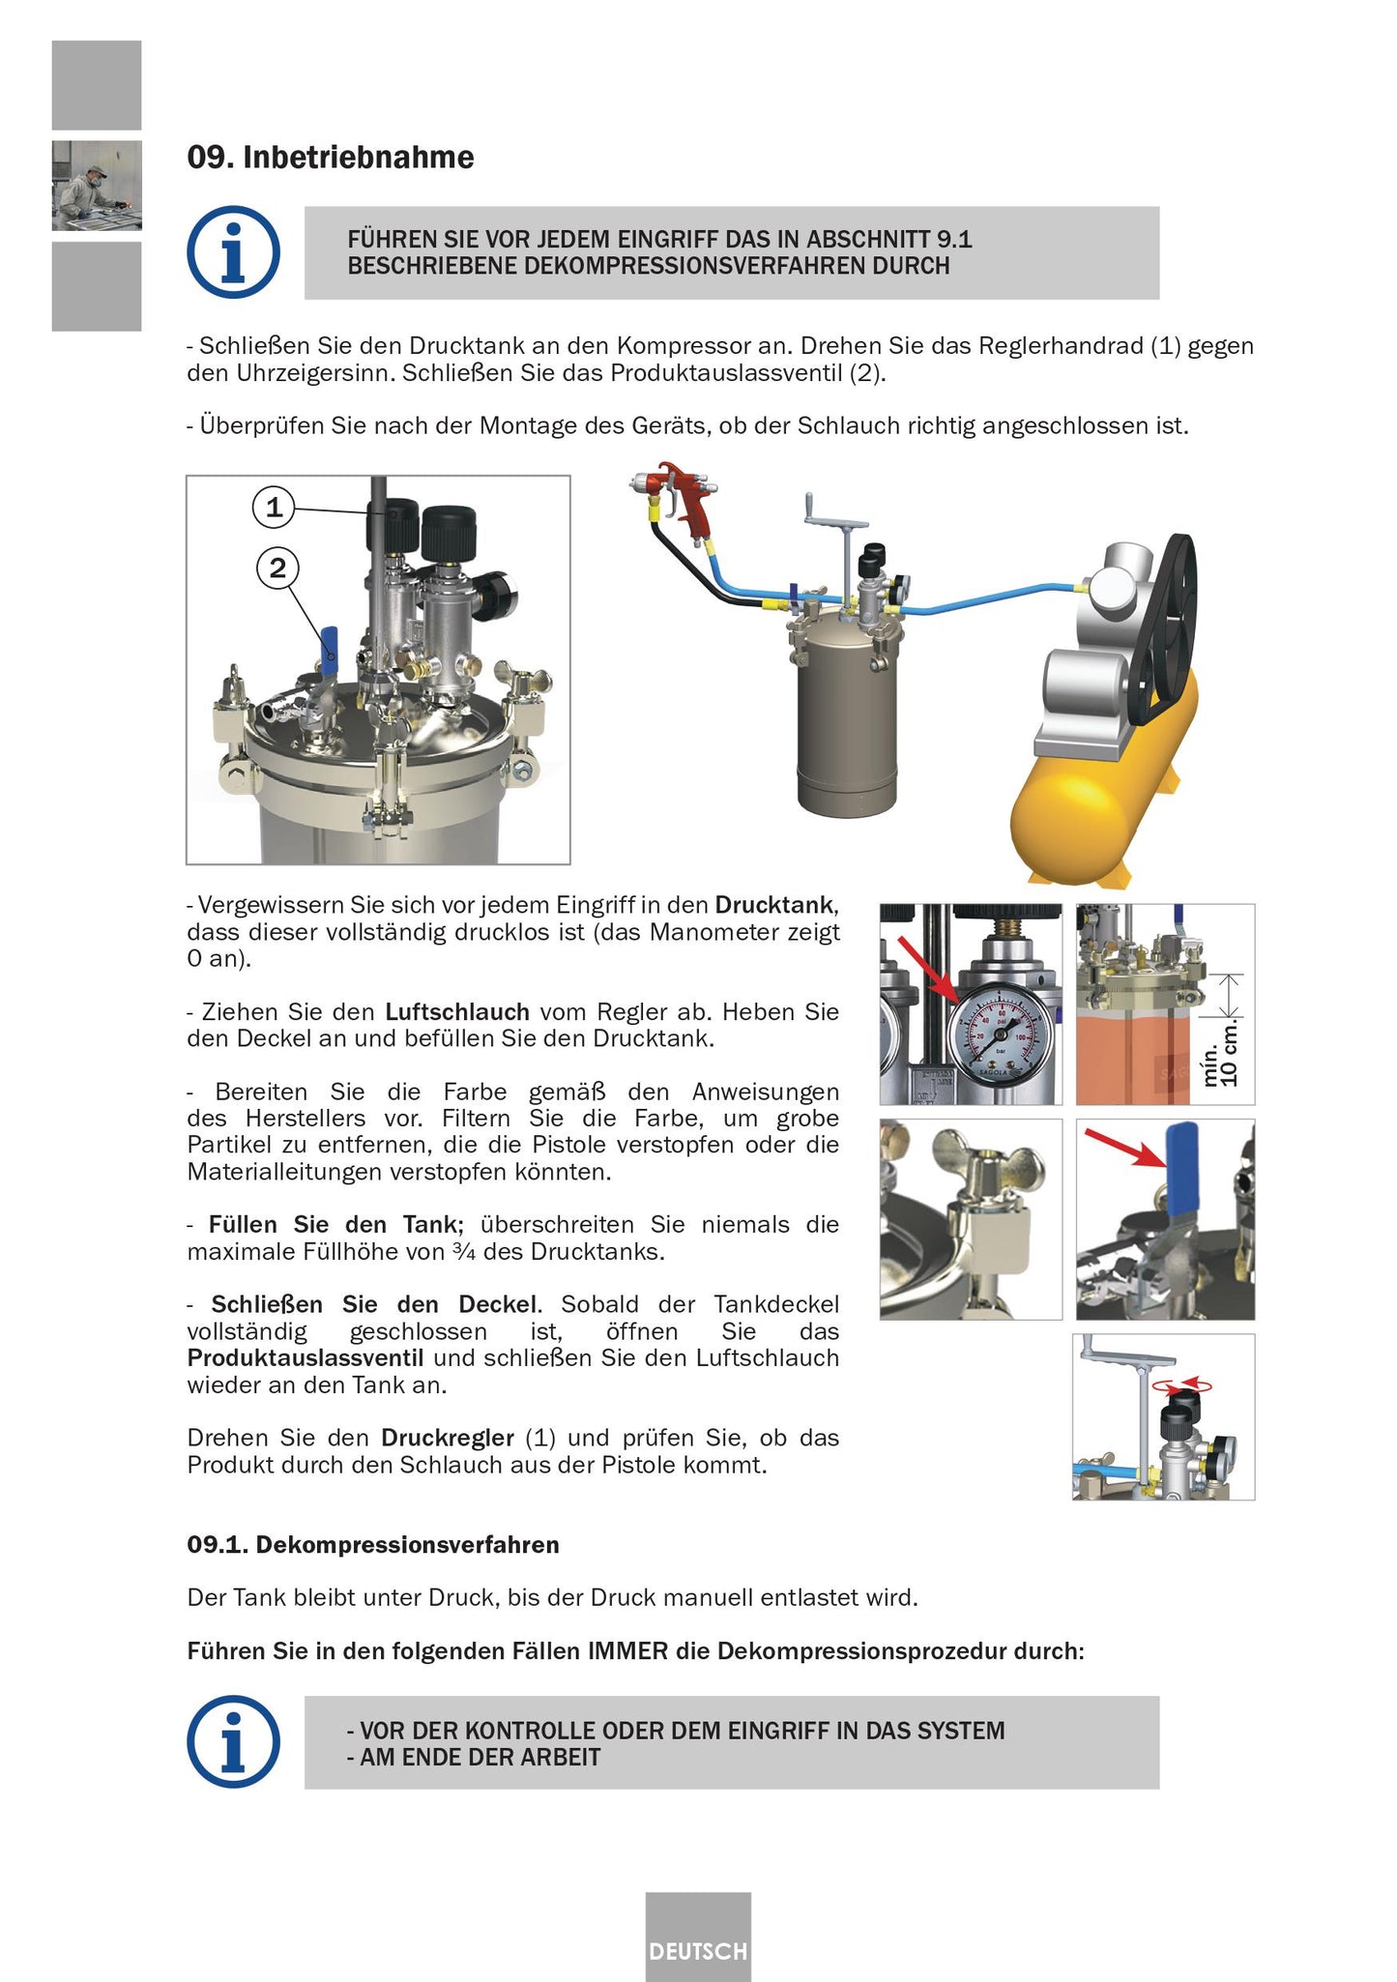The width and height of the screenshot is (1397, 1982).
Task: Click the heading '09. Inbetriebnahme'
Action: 330,157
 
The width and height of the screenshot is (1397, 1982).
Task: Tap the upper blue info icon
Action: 233,252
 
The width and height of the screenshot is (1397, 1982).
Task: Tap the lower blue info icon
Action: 233,1741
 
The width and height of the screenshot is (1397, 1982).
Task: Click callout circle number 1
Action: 274,507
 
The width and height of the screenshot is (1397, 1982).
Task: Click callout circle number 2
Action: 277,568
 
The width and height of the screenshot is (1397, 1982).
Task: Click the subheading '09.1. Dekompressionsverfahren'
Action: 372,1544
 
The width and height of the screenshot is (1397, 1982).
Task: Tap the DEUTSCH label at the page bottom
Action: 698,1951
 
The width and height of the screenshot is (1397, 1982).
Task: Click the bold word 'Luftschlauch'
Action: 456,1012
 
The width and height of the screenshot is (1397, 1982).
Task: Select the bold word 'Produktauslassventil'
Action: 306,1357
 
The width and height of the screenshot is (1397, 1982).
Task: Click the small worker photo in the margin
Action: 97,186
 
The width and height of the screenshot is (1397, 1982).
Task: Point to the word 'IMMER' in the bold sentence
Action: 627,1650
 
